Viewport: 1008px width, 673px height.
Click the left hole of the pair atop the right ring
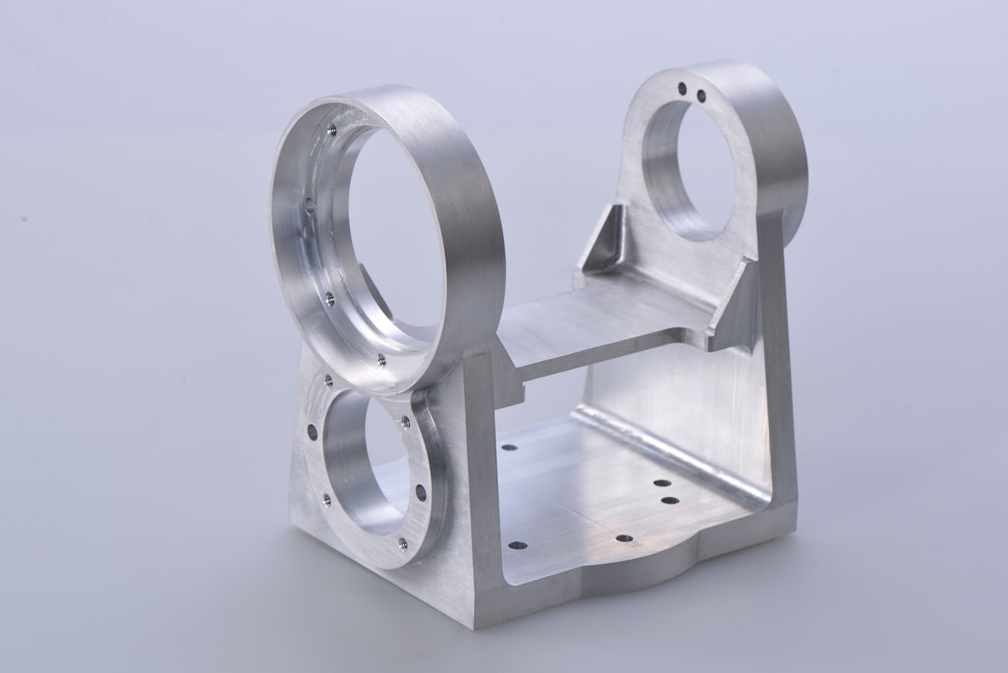point(683,89)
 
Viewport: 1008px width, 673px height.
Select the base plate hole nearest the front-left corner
point(517,545)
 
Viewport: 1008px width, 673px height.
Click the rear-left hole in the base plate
point(509,447)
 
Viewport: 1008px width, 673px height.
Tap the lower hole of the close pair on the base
point(669,501)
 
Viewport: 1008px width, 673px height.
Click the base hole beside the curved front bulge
point(623,540)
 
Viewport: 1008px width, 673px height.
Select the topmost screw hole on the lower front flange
point(329,380)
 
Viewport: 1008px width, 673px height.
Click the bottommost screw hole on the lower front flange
point(402,543)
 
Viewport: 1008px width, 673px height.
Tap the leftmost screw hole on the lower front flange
point(312,432)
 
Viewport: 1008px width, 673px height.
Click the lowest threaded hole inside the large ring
point(380,359)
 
